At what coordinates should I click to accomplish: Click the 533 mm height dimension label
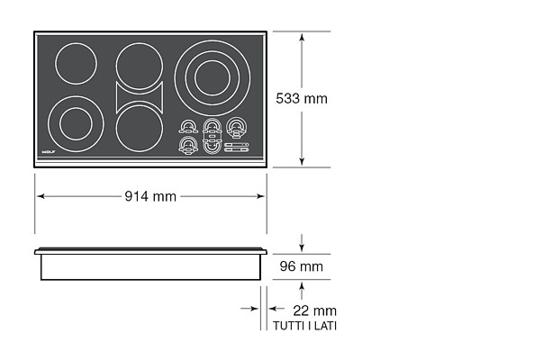pyautogui.click(x=302, y=98)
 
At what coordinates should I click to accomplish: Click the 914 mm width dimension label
pyautogui.click(x=150, y=196)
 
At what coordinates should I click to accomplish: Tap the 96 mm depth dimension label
pyautogui.click(x=302, y=266)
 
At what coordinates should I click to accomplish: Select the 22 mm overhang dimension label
pyautogui.click(x=315, y=310)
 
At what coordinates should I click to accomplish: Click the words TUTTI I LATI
pyautogui.click(x=304, y=326)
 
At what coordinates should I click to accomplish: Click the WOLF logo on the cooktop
pyautogui.click(x=49, y=152)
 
